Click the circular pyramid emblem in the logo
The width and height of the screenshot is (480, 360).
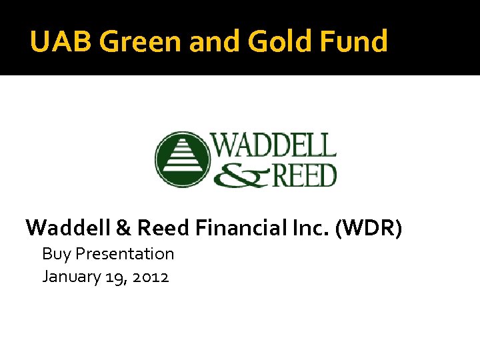tap(182, 159)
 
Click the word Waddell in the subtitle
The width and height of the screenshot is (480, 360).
tap(68, 228)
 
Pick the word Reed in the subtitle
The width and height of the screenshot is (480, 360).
tap(164, 228)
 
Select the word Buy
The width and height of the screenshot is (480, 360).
tap(57, 254)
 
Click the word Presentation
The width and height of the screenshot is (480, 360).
tap(125, 254)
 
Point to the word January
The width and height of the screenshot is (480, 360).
tap(71, 277)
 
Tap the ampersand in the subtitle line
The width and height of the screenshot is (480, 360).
tap(124, 228)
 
